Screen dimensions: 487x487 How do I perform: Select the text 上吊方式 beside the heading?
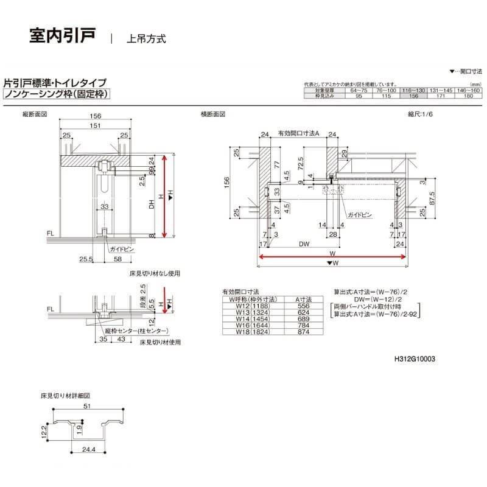click(145, 39)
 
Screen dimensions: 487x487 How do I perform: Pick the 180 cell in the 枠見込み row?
click(468, 96)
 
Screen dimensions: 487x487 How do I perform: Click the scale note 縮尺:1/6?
click(420, 114)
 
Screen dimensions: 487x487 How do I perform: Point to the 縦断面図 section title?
click(35, 114)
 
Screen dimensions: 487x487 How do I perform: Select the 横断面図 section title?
click(213, 114)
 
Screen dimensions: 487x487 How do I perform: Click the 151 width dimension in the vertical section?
click(95, 126)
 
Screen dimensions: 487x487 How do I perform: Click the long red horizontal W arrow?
click(334, 257)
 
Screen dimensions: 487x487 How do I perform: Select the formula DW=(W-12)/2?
click(372, 299)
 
